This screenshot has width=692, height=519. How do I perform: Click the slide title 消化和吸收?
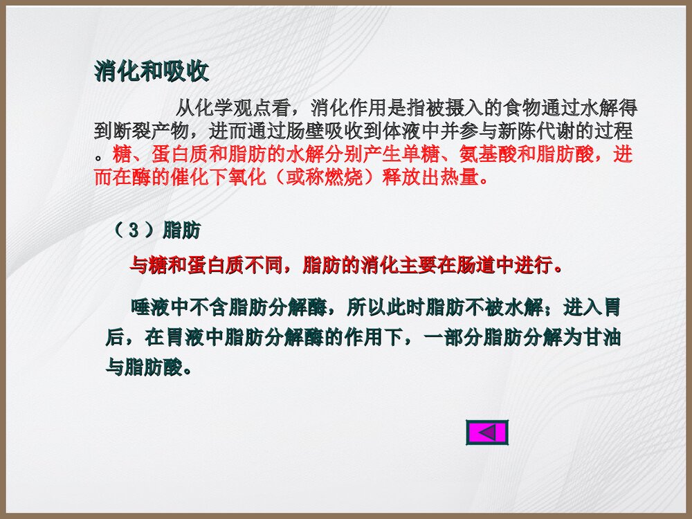point(151,72)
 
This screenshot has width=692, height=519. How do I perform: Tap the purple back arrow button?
point(487,432)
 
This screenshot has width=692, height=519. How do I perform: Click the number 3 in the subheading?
point(134,231)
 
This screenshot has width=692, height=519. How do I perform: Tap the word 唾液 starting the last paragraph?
point(149,306)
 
